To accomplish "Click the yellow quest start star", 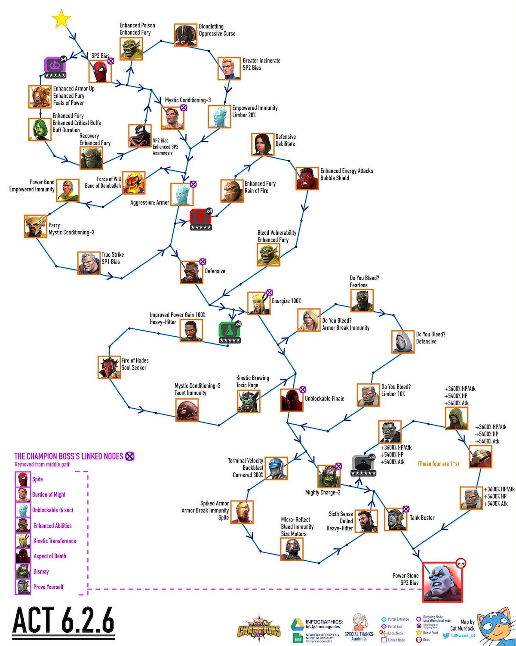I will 61,19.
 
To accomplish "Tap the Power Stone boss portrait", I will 442,581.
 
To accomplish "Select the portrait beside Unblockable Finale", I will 292,400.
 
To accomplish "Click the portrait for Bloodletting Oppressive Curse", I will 186,35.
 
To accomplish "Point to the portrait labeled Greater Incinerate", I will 229,68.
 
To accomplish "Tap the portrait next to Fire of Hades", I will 109,367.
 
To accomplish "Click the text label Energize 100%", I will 286,301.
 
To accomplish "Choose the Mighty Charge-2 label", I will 322,493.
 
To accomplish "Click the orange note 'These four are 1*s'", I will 438,464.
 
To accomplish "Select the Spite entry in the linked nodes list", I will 37,479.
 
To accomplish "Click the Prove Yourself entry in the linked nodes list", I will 48,587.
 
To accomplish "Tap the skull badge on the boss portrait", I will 461,563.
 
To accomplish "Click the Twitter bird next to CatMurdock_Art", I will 446,636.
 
